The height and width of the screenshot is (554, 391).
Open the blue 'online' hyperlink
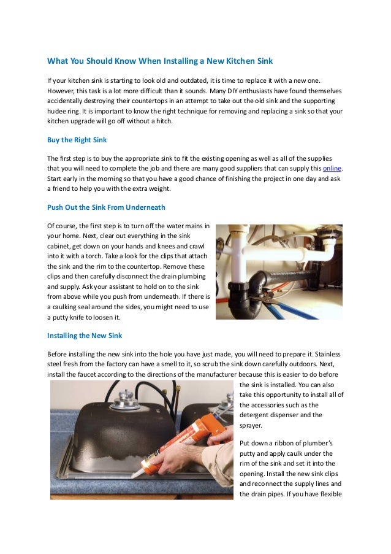(x=332, y=169)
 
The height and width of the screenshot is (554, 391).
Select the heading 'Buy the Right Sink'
(x=77, y=140)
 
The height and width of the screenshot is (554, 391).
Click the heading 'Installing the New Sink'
(x=85, y=336)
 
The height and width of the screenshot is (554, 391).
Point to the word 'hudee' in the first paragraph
(x=59, y=111)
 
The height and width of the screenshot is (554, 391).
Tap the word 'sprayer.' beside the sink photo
(x=251, y=425)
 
